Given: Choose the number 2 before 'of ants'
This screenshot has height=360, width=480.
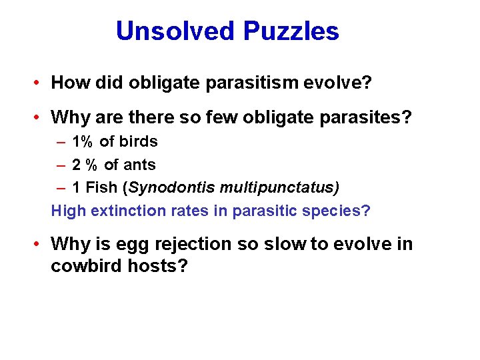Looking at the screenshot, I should point(77,165).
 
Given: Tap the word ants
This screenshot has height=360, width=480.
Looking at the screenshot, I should point(139,165).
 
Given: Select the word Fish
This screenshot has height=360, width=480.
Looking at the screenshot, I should point(101,188).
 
